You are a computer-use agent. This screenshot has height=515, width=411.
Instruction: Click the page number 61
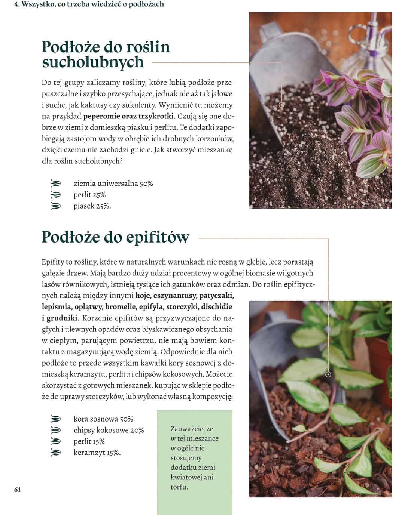pyautogui.click(x=18, y=490)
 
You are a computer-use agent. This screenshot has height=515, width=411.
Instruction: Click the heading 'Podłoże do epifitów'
pyautogui.click(x=115, y=237)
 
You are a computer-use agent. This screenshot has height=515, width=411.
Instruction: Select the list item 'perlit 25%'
pyautogui.click(x=89, y=195)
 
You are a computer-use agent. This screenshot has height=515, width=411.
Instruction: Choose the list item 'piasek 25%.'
pyautogui.click(x=92, y=206)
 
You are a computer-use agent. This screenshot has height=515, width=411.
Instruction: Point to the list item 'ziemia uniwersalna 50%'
pyautogui.click(x=113, y=184)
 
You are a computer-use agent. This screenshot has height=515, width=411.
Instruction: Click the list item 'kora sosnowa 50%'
pyautogui.click(x=103, y=419)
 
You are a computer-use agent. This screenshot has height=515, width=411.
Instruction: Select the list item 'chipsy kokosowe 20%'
pyautogui.click(x=109, y=430)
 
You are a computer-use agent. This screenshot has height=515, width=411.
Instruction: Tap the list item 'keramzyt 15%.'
pyautogui.click(x=97, y=453)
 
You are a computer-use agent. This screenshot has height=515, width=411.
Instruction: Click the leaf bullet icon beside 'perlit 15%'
pyautogui.click(x=55, y=441)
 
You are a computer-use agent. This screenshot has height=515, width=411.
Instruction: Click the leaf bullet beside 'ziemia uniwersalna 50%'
pyautogui.click(x=55, y=184)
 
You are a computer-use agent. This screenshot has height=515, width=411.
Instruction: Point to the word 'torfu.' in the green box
pyautogui.click(x=179, y=487)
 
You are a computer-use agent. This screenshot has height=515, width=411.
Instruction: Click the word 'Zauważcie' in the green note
pyautogui.click(x=186, y=429)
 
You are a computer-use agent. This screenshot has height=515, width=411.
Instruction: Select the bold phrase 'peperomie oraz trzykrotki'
pyautogui.click(x=128, y=116)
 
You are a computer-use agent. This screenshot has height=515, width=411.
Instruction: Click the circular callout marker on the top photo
pyautogui.click(x=282, y=105)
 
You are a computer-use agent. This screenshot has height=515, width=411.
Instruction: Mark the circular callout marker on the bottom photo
pyautogui.click(x=328, y=374)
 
